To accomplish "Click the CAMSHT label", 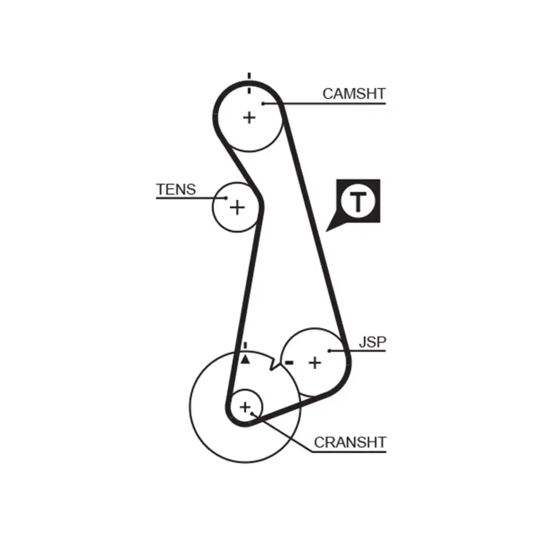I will pos(353,94).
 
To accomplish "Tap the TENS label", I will pos(176,190).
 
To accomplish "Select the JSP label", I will pos(373,342).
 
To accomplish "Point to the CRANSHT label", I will pos(350,442).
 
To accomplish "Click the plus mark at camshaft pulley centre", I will pos(249,117).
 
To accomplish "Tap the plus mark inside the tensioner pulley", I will pos(237,207).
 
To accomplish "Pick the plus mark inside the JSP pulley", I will pos(315,362).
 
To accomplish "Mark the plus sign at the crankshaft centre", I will pos(245,406).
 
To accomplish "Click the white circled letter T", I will pos(358,202).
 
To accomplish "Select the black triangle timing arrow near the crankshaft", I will pos(246,359).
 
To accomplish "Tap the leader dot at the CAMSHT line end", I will pos(263,103).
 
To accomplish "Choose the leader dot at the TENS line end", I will pos(225,198).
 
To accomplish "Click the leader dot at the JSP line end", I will pos(329,351).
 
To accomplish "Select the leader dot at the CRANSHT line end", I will pos(252,414).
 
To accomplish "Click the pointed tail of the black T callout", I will pos(329,230).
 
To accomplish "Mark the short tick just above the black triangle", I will pos(246,346).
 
